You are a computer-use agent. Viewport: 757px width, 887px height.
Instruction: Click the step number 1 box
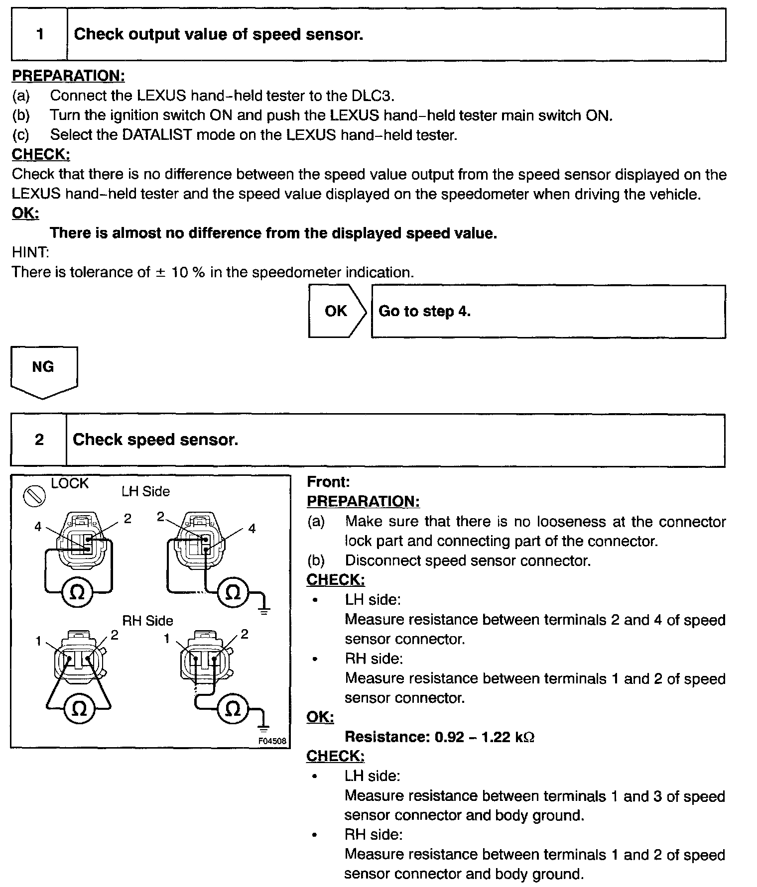[40, 34]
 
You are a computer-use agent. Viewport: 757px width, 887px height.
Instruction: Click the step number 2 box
[39, 440]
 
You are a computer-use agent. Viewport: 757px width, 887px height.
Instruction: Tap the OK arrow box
[337, 311]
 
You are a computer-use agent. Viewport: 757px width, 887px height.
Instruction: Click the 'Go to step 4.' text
[424, 312]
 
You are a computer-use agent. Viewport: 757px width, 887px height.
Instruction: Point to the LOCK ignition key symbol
[34, 496]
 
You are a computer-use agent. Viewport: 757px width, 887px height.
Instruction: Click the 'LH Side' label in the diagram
[145, 492]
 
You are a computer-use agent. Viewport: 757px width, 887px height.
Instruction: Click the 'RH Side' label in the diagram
[147, 621]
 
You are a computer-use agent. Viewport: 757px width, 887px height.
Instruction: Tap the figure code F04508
[272, 741]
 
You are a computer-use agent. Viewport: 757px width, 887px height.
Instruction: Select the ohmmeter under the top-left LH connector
[77, 593]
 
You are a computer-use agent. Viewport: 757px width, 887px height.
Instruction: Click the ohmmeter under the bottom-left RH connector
[79, 709]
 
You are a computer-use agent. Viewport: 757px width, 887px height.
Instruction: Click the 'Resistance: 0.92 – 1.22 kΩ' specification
[439, 737]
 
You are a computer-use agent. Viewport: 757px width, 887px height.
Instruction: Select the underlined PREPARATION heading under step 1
[68, 76]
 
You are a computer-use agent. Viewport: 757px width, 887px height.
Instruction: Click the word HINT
[30, 252]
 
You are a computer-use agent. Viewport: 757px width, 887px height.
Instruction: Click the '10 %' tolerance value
[188, 272]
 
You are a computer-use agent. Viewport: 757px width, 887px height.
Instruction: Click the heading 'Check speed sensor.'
[155, 440]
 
